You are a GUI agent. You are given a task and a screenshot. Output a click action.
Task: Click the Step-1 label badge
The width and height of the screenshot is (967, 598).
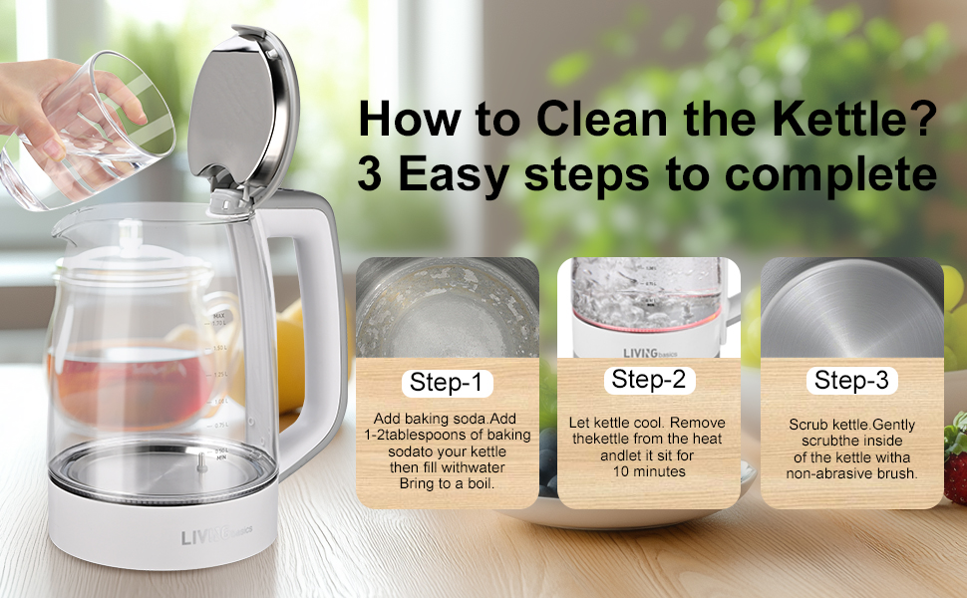coord(448,383)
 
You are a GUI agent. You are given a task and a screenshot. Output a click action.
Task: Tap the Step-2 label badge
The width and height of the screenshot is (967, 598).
coord(649,380)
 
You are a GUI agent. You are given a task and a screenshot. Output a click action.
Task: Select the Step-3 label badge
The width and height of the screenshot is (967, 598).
coord(851,381)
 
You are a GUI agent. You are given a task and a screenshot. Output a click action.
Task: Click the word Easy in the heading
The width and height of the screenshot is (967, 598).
coord(454,175)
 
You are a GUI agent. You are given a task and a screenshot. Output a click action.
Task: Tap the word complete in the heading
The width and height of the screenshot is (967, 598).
coord(830,175)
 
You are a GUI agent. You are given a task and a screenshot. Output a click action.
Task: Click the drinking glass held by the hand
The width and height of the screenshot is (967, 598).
coord(87,133)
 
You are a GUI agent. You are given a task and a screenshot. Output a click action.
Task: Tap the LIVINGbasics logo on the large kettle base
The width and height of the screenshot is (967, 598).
coord(216,535)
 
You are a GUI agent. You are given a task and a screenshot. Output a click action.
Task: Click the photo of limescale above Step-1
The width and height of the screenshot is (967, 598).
coord(448,308)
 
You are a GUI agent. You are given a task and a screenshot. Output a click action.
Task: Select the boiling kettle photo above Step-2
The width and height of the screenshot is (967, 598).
coord(649,308)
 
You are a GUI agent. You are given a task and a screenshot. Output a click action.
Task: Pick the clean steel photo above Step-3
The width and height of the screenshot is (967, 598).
coord(851,308)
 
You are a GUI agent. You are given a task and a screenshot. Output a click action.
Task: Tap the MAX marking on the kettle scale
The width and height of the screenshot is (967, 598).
coord(218,316)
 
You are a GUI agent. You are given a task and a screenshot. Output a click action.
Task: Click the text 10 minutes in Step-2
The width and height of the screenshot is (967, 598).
coord(649,471)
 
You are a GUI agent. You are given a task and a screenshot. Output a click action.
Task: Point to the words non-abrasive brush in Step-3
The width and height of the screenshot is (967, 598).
coord(851,473)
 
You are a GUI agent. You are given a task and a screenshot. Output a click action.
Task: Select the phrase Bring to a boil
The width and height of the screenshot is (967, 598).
coord(448,484)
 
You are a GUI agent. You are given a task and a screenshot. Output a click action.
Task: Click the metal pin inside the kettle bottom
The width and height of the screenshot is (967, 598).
coord(201,463)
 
